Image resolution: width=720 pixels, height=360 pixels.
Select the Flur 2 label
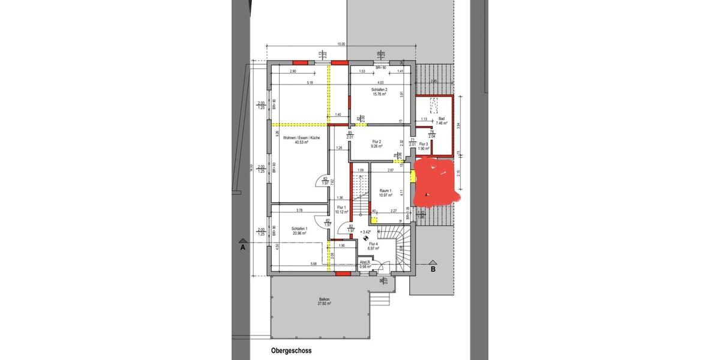coord(377,141)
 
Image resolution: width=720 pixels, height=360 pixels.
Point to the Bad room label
coord(442,119)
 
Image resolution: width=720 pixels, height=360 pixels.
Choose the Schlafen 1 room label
coord(300,228)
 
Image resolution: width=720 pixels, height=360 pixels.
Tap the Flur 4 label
coord(374,244)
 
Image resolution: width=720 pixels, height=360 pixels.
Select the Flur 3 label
coord(424,144)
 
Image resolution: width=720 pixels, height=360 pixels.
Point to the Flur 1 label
coord(341,207)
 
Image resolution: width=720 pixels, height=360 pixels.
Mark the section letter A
coord(243,247)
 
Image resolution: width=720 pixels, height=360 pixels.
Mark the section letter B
coord(432,270)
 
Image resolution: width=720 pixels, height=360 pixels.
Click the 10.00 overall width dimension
coord(341,44)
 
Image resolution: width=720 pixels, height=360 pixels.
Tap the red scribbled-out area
coord(437,179)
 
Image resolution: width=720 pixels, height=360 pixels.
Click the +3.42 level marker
coord(365,231)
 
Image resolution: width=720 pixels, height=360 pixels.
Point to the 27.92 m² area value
coord(325,304)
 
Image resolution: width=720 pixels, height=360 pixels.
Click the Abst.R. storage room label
coord(364,262)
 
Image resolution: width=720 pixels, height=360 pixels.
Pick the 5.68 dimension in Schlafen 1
coord(313,264)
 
